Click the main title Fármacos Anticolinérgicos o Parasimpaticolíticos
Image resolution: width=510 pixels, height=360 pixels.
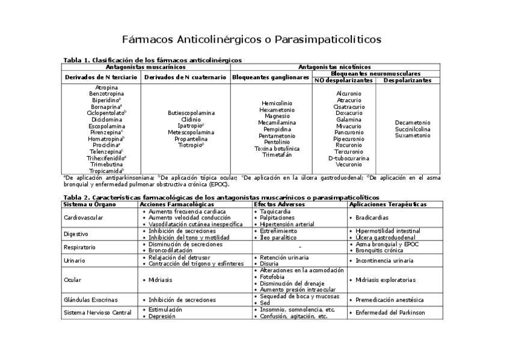click(x=252, y=40)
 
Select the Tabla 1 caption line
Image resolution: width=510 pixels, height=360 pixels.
click(x=153, y=60)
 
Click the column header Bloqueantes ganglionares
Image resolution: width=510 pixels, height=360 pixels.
click(x=271, y=77)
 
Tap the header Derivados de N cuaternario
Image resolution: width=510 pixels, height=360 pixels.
click(x=186, y=77)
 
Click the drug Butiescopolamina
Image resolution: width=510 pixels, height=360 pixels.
click(x=191, y=113)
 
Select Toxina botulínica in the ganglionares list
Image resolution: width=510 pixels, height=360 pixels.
click(x=277, y=148)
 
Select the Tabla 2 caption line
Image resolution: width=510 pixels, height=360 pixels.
click(x=221, y=197)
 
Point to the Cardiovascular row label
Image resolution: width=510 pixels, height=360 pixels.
click(x=84, y=218)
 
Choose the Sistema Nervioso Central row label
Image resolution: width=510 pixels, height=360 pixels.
click(x=97, y=313)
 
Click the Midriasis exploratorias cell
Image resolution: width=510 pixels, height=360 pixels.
click(x=385, y=280)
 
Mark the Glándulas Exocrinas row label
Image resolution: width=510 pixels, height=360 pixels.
click(x=91, y=299)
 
